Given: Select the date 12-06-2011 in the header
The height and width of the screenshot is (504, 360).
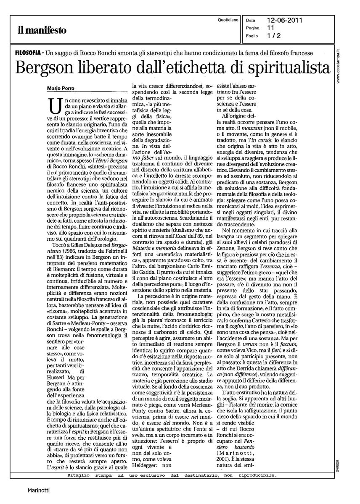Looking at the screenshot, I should [x=285, y=20].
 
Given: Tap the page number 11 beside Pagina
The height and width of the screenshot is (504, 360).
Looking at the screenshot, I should [x=271, y=28].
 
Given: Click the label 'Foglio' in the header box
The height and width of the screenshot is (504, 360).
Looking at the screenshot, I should [x=252, y=36].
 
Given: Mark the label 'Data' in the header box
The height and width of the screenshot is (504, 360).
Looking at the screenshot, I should [x=250, y=20].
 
